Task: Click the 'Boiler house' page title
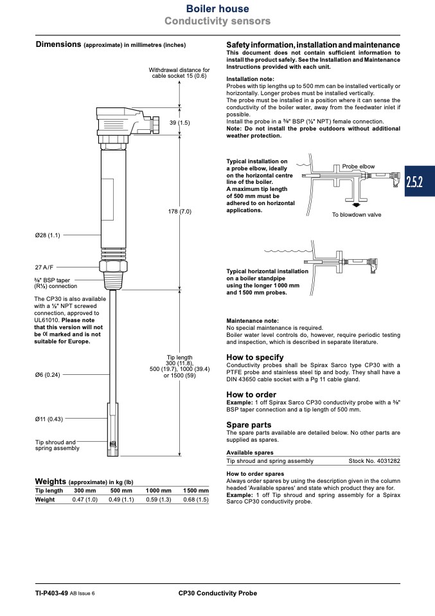(x=217, y=8)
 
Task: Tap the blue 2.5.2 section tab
(x=420, y=181)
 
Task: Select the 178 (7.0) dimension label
(x=180, y=212)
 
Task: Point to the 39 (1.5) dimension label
(x=180, y=123)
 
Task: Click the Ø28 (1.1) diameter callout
(x=48, y=235)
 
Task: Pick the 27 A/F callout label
(x=44, y=267)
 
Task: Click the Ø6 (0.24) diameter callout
(x=48, y=375)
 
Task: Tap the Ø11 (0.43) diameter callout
(x=49, y=419)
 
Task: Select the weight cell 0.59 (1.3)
(x=159, y=500)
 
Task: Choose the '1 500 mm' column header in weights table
(x=196, y=491)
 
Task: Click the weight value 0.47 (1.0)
(x=85, y=500)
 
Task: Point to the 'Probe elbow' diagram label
(x=359, y=167)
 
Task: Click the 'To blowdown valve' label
(x=357, y=215)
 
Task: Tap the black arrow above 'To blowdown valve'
(x=356, y=204)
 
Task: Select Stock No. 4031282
(x=375, y=461)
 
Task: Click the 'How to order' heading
(x=251, y=394)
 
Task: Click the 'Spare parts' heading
(x=249, y=424)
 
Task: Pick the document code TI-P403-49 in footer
(x=51, y=593)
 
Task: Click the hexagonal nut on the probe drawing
(x=114, y=267)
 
